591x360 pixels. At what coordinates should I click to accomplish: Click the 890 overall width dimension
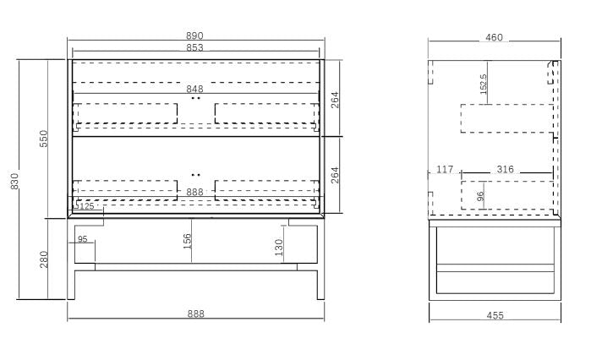pos(194,35)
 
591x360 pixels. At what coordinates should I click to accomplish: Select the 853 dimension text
pos(194,47)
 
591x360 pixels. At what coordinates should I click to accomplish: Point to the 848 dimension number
pos(194,89)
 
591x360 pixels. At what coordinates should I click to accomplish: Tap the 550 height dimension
pos(44,139)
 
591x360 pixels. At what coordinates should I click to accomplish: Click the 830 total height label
pos(14,181)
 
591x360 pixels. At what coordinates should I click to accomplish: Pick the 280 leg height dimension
pos(44,259)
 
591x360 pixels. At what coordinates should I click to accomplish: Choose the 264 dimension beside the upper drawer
pos(335,100)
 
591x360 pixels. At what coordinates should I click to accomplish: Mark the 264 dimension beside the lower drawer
pos(335,175)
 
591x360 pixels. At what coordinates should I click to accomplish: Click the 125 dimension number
pos(87,206)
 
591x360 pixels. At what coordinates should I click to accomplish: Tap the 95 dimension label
pos(83,239)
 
